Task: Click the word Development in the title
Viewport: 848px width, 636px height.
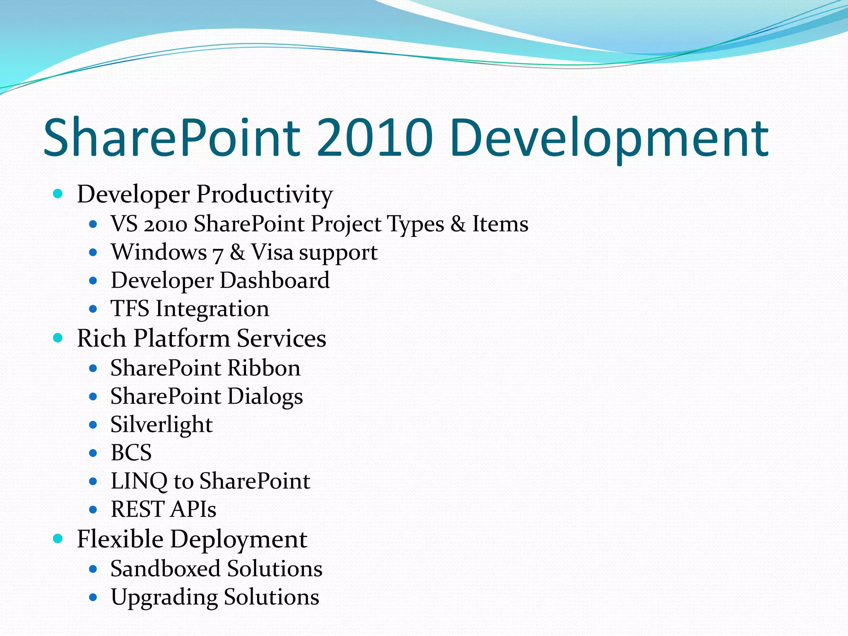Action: pos(609,137)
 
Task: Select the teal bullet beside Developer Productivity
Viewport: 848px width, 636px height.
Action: pos(58,193)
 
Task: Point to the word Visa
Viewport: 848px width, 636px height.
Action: pos(272,252)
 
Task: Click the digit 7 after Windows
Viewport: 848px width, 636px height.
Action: pos(218,253)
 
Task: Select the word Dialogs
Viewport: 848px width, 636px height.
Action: pos(265,397)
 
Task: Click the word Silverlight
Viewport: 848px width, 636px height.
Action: pos(161,425)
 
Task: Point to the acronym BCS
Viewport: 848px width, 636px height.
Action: pos(131,453)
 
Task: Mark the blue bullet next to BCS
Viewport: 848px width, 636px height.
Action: pos(93,453)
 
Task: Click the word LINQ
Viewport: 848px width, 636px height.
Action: pos(139,481)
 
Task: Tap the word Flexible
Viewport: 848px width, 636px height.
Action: pos(120,539)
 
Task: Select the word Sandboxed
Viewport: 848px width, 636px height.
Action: pos(165,569)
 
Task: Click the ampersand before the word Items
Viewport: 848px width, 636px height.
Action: pos(458,224)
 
